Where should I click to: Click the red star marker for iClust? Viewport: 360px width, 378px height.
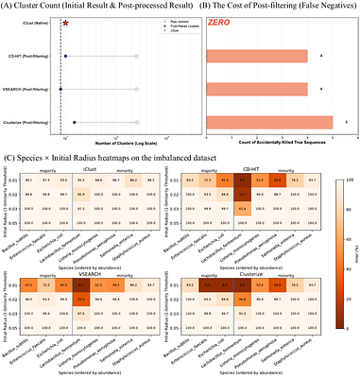[x=65, y=20]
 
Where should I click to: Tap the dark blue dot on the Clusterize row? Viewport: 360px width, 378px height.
[x=74, y=122]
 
